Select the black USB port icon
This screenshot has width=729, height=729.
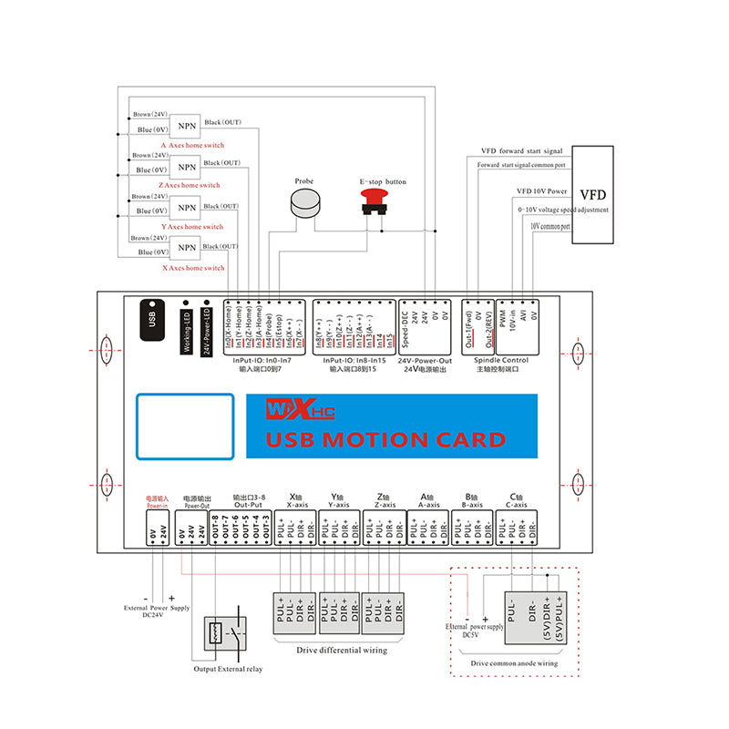pyautogui.click(x=152, y=319)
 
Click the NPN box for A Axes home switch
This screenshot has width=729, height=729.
pyautogui.click(x=187, y=126)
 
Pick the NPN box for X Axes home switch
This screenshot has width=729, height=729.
pyautogui.click(x=187, y=248)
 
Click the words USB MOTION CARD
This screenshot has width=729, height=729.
pyautogui.click(x=385, y=440)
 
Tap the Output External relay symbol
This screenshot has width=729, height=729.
pyautogui.click(x=223, y=632)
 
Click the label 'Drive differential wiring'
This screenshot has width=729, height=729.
pyautogui.click(x=342, y=650)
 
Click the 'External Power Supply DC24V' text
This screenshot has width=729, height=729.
pyautogui.click(x=158, y=611)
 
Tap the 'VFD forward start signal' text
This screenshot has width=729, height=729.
pyautogui.click(x=521, y=151)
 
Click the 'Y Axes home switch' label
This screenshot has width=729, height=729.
pyautogui.click(x=191, y=227)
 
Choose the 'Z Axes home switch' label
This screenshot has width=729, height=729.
pyautogui.click(x=191, y=185)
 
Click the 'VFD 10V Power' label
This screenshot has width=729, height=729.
pyautogui.click(x=542, y=191)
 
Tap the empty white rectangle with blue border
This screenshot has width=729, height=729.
pyautogui.click(x=186, y=426)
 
